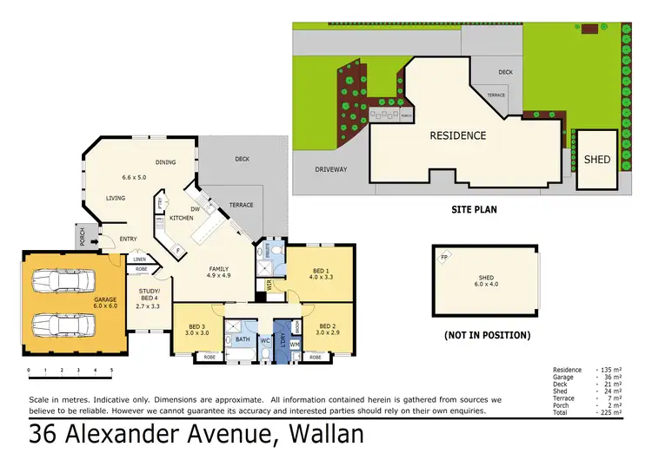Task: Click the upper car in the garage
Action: pyautogui.click(x=59, y=282)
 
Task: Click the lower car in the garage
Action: pyautogui.click(x=59, y=325)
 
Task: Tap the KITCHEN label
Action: pyautogui.click(x=180, y=218)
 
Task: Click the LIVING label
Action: pyautogui.click(x=116, y=199)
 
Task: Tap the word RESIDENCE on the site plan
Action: pyautogui.click(x=457, y=135)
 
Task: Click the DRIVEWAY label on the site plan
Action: pyautogui.click(x=330, y=169)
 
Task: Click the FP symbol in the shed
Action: pyautogui.click(x=443, y=257)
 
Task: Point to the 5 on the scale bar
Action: pyautogui.click(x=111, y=371)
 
